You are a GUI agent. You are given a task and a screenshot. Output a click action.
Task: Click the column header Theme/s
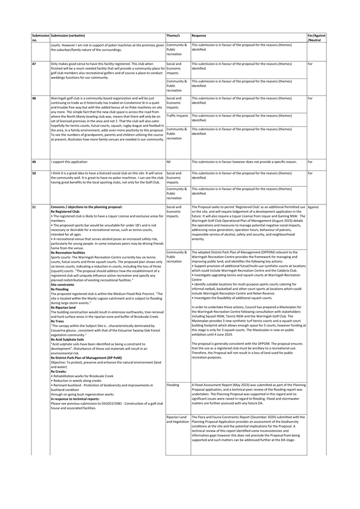tap(173, 35)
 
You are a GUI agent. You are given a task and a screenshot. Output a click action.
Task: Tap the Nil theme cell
tap(169, 161)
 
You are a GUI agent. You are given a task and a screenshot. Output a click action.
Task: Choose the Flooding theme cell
tap(173, 384)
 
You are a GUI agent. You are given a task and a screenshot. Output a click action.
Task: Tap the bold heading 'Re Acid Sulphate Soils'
tap(67, 339)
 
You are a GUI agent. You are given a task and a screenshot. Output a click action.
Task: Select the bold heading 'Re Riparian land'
tap(63, 307)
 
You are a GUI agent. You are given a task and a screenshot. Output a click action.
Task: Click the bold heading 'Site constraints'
tap(62, 285)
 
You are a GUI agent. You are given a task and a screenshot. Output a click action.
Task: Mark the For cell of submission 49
tap(310, 161)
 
